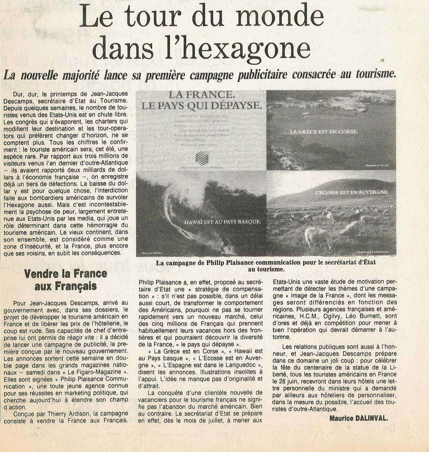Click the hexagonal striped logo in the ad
coord(201,158)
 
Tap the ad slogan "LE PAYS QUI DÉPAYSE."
coord(201,105)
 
